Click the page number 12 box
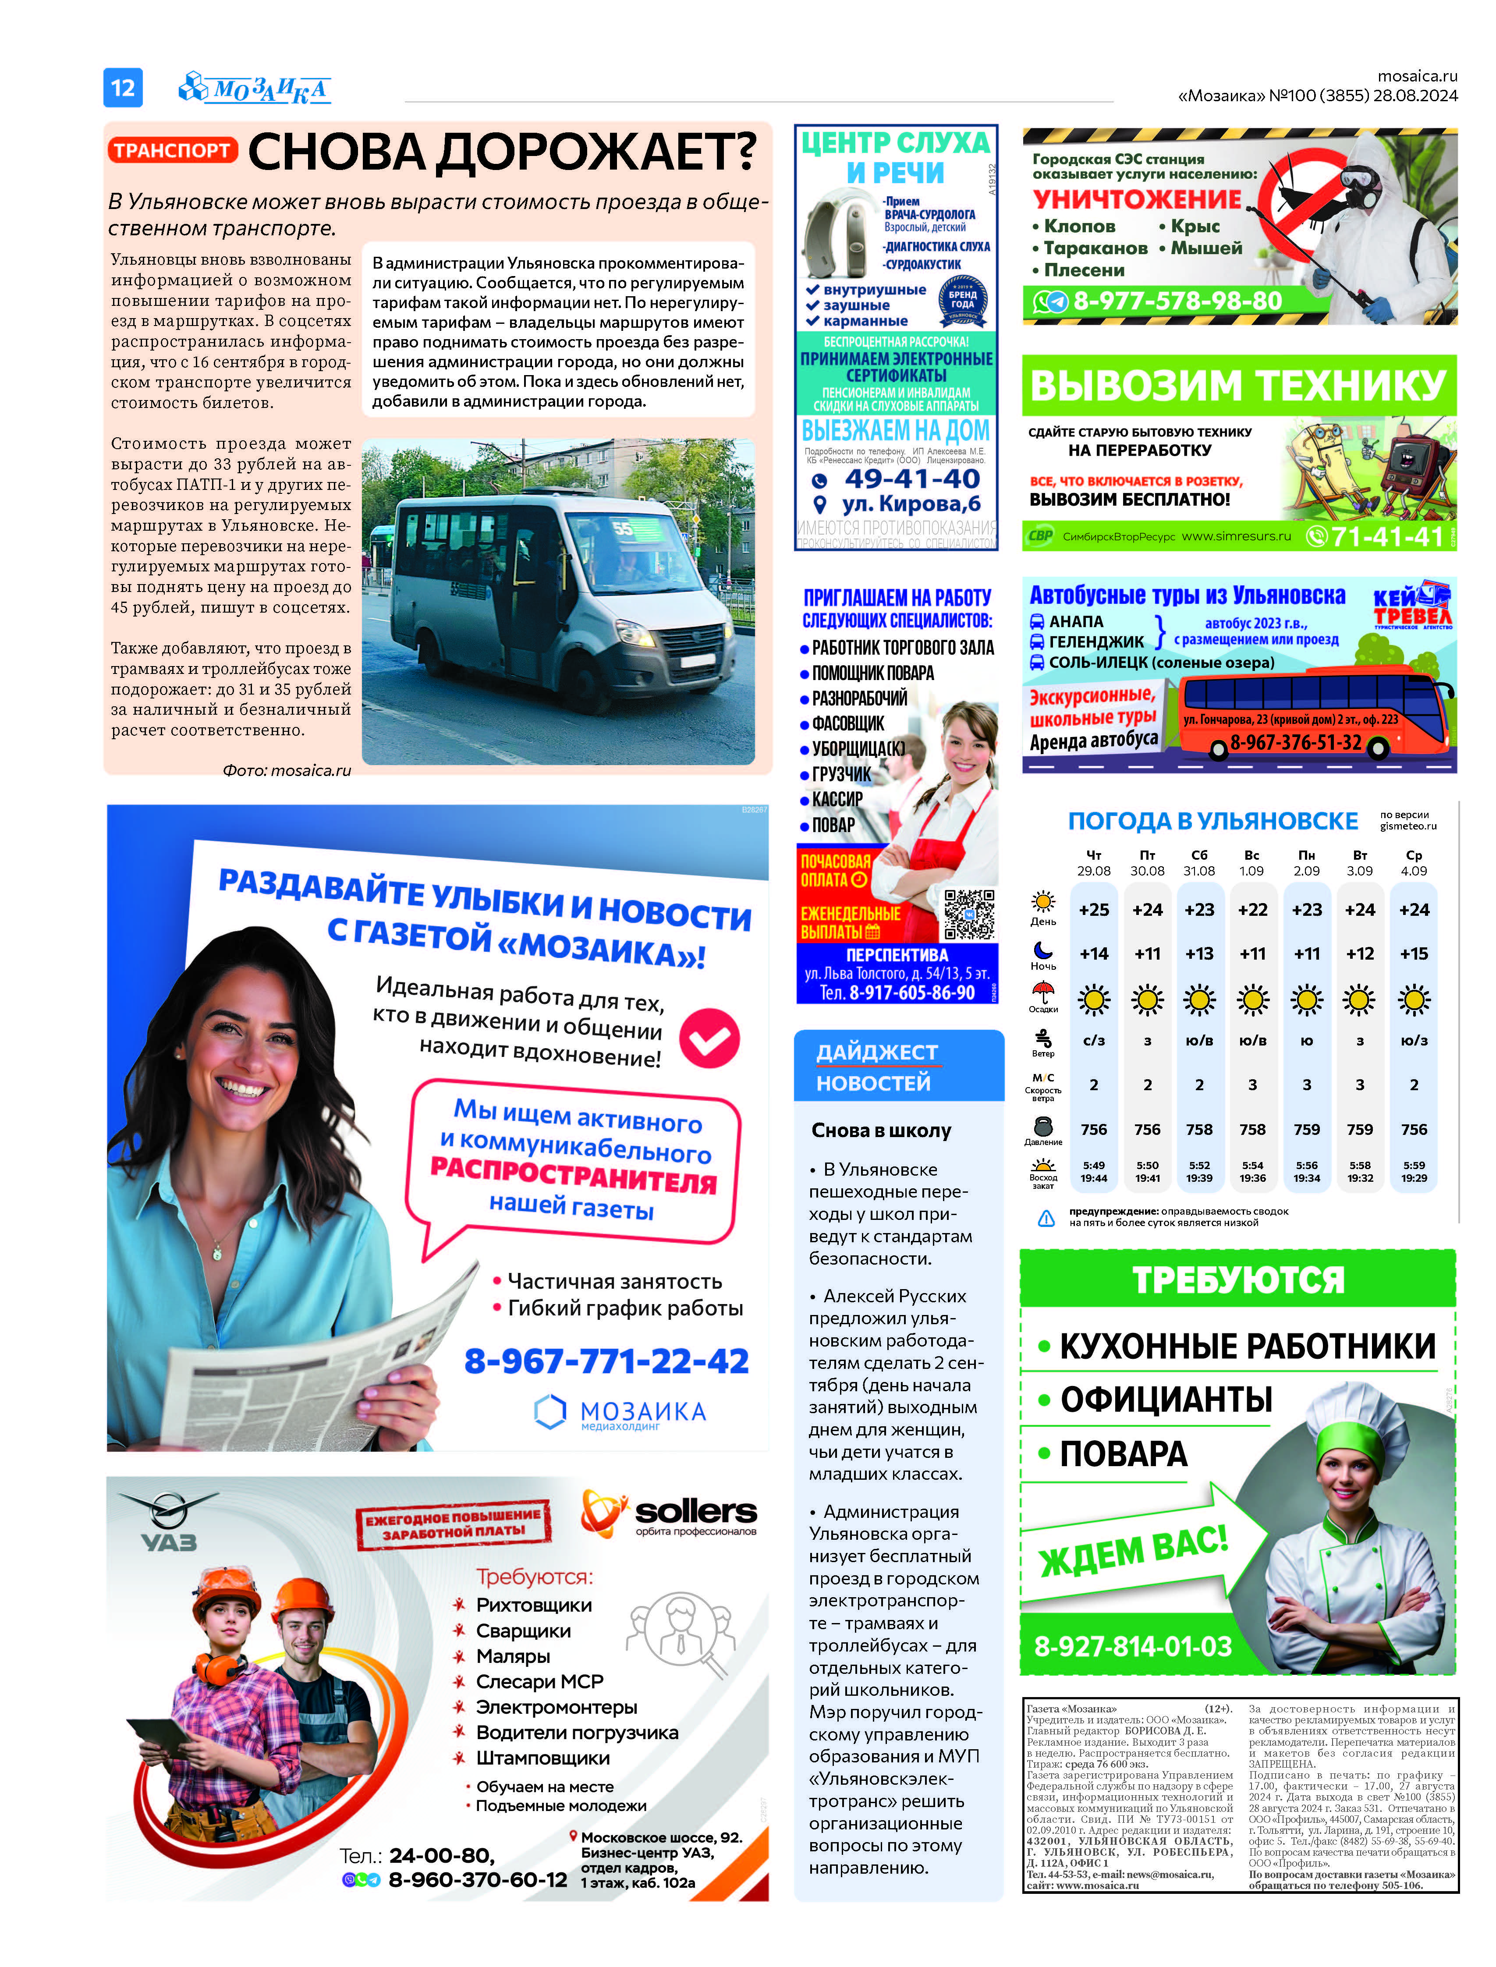[123, 87]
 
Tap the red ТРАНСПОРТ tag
[173, 150]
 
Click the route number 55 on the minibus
[621, 529]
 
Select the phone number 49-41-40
[912, 479]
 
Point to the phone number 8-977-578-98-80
[1177, 301]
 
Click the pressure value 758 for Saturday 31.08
[1198, 1129]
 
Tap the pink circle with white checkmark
[710, 1038]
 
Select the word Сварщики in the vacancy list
[523, 1630]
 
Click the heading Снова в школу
[881, 1130]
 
